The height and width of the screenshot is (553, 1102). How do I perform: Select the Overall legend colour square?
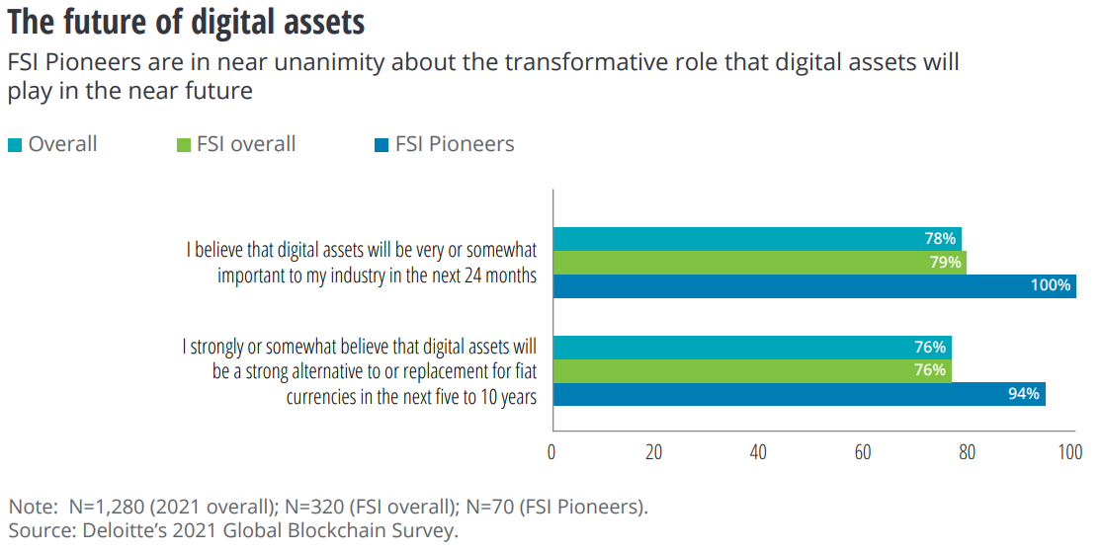[15, 145]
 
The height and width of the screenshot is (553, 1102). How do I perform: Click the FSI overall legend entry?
[235, 144]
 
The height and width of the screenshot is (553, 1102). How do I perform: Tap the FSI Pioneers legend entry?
[445, 144]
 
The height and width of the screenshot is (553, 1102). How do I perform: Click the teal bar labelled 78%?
[756, 239]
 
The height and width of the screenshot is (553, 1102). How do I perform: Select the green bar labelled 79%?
[759, 263]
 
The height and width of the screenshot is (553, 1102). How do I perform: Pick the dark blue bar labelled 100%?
[813, 286]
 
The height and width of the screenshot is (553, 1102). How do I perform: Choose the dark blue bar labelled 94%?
[798, 394]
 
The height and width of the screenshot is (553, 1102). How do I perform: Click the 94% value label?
[1024, 394]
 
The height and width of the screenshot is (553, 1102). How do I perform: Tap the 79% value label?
[944, 263]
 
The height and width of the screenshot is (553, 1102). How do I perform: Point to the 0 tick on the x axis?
[551, 453]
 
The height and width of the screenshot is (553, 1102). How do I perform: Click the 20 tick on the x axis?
[654, 453]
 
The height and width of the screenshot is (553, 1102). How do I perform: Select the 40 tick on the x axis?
[758, 453]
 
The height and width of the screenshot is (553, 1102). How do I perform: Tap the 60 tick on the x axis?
[863, 453]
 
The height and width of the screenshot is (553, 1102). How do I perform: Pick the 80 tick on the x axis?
[967, 453]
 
